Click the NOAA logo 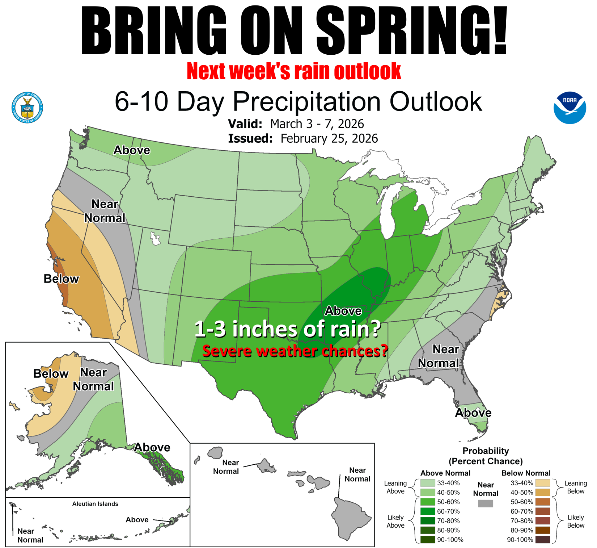pyautogui.click(x=570, y=108)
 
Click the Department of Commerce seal pyautogui.click(x=27, y=108)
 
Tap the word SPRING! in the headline pyautogui.click(x=412, y=30)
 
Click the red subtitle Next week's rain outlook pyautogui.click(x=294, y=71)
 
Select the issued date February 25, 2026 pyautogui.click(x=329, y=138)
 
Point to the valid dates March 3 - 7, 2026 pyautogui.click(x=317, y=124)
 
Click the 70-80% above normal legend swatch pyautogui.click(x=428, y=521)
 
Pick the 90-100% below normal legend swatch pyautogui.click(x=543, y=540)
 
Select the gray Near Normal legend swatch pyautogui.click(x=485, y=503)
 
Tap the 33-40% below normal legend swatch pyautogui.click(x=543, y=483)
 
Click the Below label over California pyautogui.click(x=61, y=279)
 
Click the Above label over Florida pyautogui.click(x=473, y=413)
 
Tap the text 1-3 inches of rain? pyautogui.click(x=288, y=329)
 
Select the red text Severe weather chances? pyautogui.click(x=295, y=351)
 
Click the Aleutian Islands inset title pyautogui.click(x=95, y=504)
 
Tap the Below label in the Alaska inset pyautogui.click(x=51, y=374)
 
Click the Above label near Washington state pyautogui.click(x=132, y=150)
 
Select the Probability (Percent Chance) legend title pyautogui.click(x=486, y=456)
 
